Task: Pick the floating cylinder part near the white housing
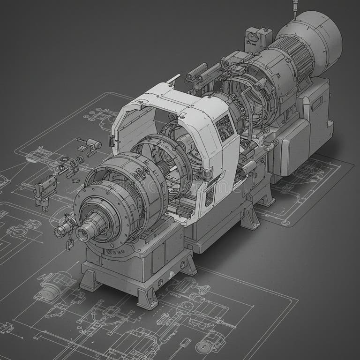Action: click(93, 144)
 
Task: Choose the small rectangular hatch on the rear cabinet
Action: click(318, 102)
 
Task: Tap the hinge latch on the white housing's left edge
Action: click(112, 138)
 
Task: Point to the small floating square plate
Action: click(81, 148)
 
